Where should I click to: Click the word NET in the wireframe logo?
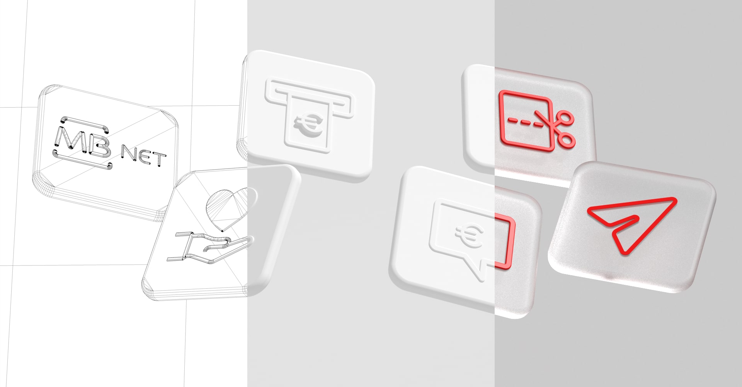pyautogui.click(x=144, y=156)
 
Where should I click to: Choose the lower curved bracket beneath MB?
pyautogui.click(x=82, y=161)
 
